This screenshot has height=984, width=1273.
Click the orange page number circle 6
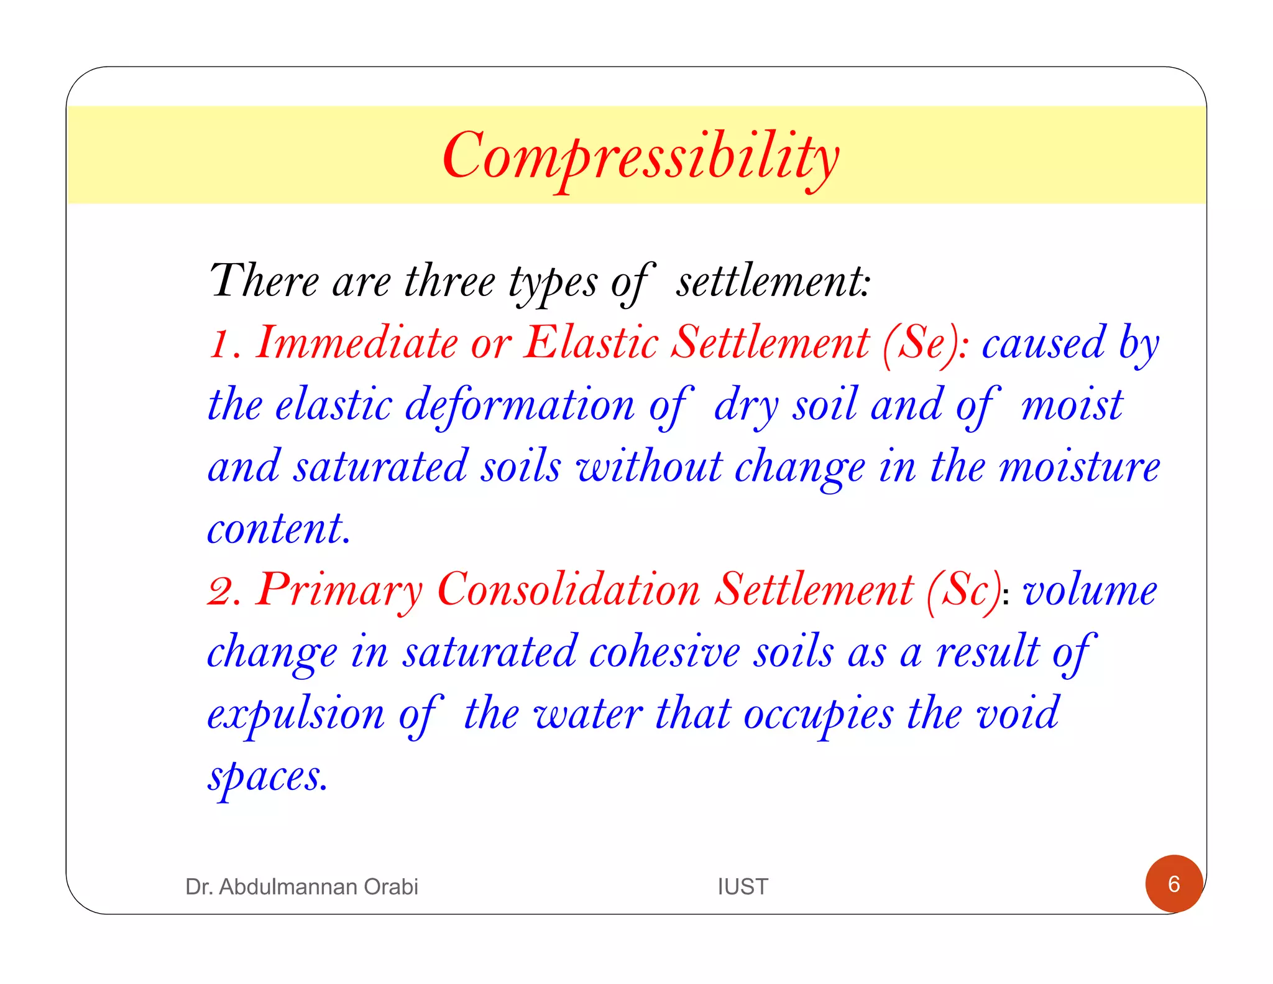(1174, 883)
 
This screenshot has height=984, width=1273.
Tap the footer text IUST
(743, 886)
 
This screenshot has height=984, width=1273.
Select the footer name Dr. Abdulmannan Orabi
(301, 886)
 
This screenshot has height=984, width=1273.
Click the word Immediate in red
(357, 343)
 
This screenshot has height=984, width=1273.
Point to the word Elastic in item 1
(591, 343)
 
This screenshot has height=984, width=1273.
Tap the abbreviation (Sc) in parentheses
(964, 590)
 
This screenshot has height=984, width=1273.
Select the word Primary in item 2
(339, 590)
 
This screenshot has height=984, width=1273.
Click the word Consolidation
(569, 590)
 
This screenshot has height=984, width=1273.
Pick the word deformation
(520, 406)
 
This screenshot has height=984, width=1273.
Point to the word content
(278, 529)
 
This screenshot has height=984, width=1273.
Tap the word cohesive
(664, 652)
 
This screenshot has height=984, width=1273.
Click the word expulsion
(296, 715)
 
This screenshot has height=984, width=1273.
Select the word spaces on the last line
(267, 777)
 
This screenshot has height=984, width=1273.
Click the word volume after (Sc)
(1090, 590)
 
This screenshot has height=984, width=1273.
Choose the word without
(649, 467)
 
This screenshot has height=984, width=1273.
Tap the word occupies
(819, 715)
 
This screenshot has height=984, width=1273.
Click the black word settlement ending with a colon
(773, 282)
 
